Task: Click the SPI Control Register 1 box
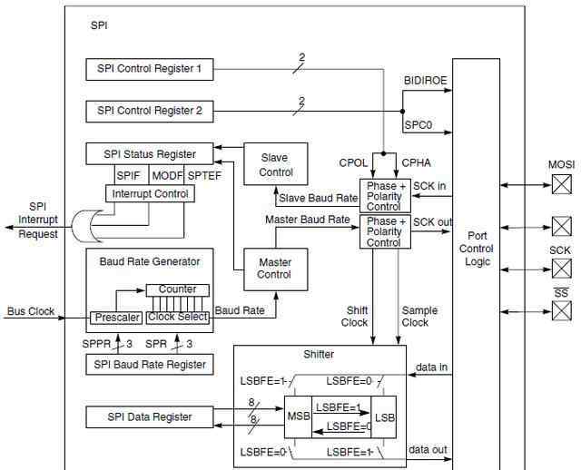[150, 69]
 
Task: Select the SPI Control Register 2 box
[150, 111]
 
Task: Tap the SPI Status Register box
[150, 153]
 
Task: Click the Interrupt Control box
[150, 193]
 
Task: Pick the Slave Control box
[276, 164]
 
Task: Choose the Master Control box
[276, 269]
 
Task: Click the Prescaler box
[116, 318]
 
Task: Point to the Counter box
[178, 290]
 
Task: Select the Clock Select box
[178, 318]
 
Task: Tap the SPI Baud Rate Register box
[150, 365]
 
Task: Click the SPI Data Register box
[150, 417]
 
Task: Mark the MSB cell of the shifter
[298, 417]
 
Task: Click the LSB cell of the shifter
[384, 417]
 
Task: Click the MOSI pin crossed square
[562, 184]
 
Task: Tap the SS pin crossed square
[562, 310]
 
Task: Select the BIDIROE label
[426, 81]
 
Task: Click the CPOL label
[353, 163]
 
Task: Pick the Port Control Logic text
[477, 249]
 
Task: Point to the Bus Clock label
[31, 311]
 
